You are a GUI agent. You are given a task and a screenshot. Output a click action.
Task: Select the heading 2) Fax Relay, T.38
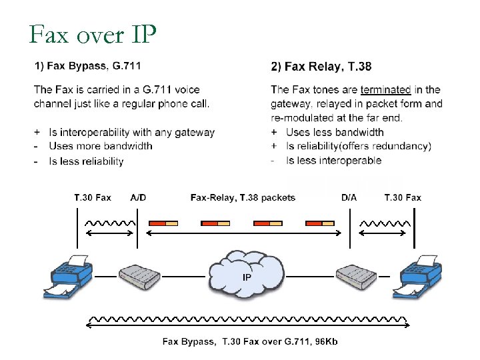[321, 66]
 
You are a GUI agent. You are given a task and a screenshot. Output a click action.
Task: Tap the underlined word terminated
[385, 89]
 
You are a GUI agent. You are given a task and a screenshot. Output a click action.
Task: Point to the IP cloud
[246, 273]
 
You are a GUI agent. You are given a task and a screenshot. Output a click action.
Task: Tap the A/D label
[139, 197]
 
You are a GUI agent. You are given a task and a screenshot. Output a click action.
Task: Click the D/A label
[349, 197]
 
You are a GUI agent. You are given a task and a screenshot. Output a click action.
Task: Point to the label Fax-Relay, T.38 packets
[243, 197]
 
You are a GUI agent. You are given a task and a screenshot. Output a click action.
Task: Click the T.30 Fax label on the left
[93, 197]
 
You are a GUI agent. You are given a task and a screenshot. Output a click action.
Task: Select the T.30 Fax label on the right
[403, 197]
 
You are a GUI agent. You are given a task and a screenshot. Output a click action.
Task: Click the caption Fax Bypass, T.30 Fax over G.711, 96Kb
[250, 342]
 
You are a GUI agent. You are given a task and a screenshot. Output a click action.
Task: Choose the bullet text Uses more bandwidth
[101, 146]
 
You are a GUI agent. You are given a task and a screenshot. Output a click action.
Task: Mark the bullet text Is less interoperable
[333, 160]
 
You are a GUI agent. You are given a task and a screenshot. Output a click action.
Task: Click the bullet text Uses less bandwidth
[335, 132]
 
